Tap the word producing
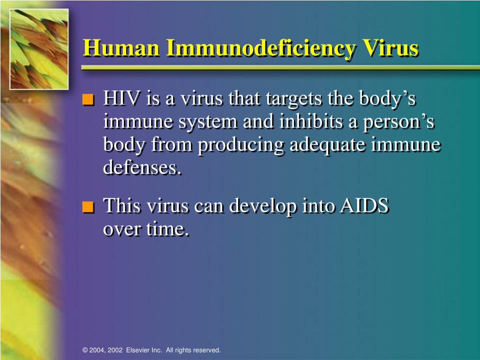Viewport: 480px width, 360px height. pyautogui.click(x=240, y=145)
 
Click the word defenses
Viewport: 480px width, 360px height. pyautogui.click(x=142, y=167)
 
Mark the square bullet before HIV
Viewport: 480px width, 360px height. pyautogui.click(x=88, y=100)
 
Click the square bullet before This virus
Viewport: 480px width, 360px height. pyautogui.click(x=88, y=207)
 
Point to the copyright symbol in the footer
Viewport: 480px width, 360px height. pyautogui.click(x=85, y=350)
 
